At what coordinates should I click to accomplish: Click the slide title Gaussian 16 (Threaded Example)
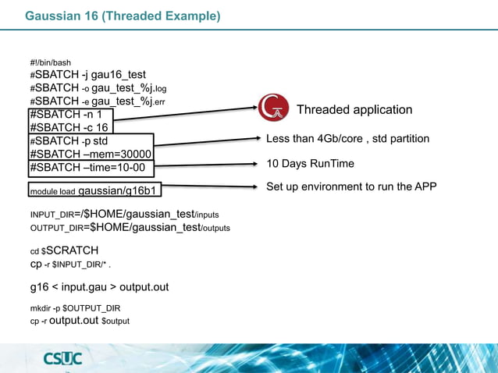pos(123,16)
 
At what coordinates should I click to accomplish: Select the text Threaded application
pos(354,110)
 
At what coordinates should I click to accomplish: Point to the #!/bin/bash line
pos(51,62)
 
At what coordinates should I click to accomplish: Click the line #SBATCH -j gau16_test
pos(87,75)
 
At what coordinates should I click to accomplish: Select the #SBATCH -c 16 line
pos(69,127)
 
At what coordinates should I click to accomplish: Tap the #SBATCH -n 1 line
pos(66,114)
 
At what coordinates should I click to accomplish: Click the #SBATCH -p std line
pos(69,140)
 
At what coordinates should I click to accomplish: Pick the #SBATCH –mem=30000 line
pos(90,154)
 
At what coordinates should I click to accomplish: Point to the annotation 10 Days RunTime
pos(310,164)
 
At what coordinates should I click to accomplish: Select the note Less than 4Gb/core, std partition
pos(347,139)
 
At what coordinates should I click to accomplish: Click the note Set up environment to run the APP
pos(351,186)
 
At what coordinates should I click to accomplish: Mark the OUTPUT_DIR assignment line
pos(130,227)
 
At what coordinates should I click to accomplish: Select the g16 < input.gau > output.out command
pos(99,287)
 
